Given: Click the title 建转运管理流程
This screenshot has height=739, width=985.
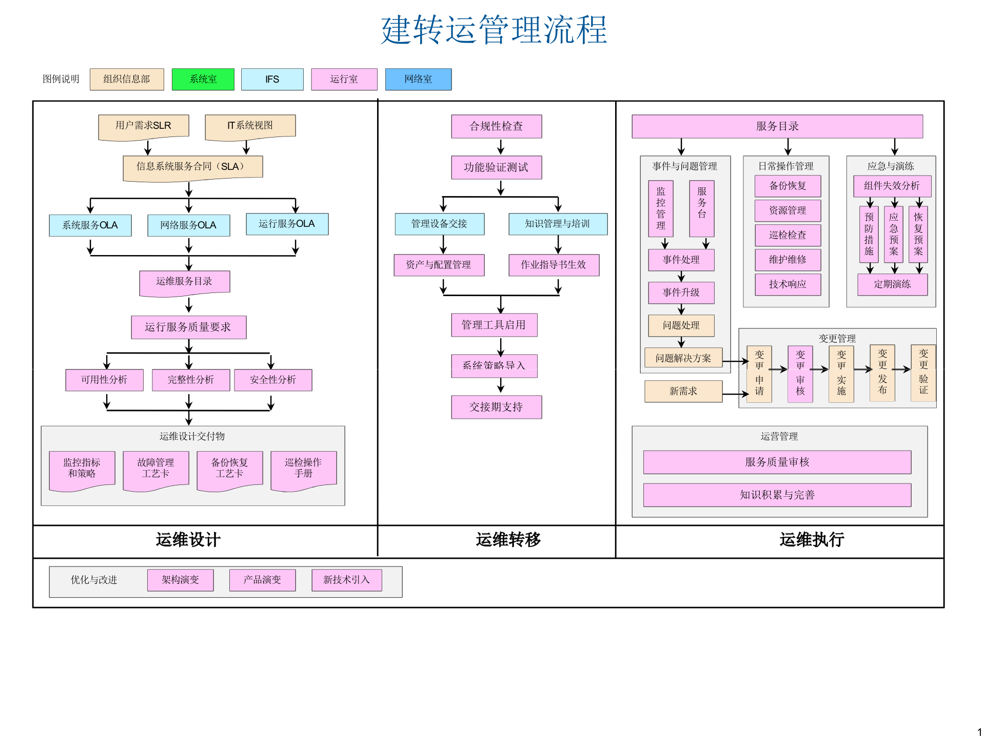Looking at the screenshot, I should coord(494,30).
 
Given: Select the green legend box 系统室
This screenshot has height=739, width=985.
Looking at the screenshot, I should coord(203,79).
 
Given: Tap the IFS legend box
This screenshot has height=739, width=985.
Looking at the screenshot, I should coord(272,79).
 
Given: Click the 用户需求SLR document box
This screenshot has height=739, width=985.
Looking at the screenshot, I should coord(144,126).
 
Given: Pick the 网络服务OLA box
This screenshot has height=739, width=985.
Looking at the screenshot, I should coord(188,225).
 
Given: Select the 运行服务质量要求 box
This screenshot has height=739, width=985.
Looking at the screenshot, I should coord(188,327).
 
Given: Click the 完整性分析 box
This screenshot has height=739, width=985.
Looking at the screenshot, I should coord(191,380).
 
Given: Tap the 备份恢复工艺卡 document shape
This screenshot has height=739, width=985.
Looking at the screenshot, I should coord(229,468).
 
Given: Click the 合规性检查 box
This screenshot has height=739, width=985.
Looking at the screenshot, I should coord(496,126).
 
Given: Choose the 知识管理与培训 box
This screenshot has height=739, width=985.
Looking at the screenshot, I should coord(558,224).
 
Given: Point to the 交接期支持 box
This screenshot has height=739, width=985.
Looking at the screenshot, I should coord(496,407).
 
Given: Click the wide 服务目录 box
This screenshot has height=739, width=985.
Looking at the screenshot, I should coord(777,126).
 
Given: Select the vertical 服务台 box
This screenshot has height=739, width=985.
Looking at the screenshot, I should coord(702,208).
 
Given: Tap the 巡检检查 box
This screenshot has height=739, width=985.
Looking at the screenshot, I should coord(787,235).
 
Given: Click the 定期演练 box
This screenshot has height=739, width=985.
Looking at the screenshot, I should coord(892,284).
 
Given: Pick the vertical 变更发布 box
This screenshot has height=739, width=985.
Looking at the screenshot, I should coord(882,373).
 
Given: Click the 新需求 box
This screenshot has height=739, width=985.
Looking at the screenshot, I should coord(683,391).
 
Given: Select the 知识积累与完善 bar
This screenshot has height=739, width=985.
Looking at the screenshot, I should coord(777,495).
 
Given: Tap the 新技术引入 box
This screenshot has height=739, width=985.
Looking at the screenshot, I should coord(346,580).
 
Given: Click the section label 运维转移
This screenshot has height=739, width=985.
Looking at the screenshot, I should coord(508,540).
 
